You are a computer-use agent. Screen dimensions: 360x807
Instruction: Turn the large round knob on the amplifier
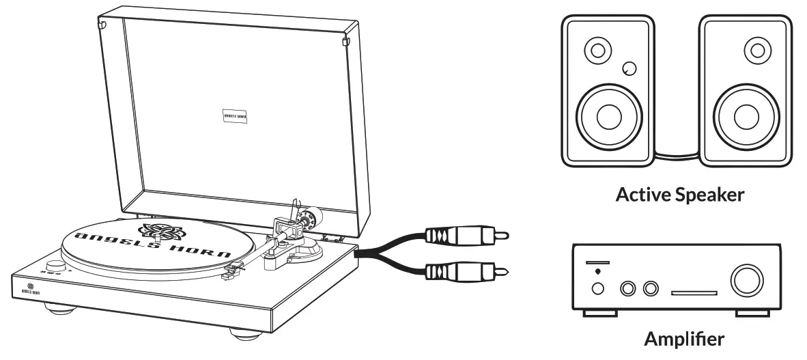746,281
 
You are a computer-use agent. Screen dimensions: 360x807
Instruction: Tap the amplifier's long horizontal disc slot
694,293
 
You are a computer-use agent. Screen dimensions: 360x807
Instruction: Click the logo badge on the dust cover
234,116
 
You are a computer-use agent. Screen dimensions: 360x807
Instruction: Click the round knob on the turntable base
55,265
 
